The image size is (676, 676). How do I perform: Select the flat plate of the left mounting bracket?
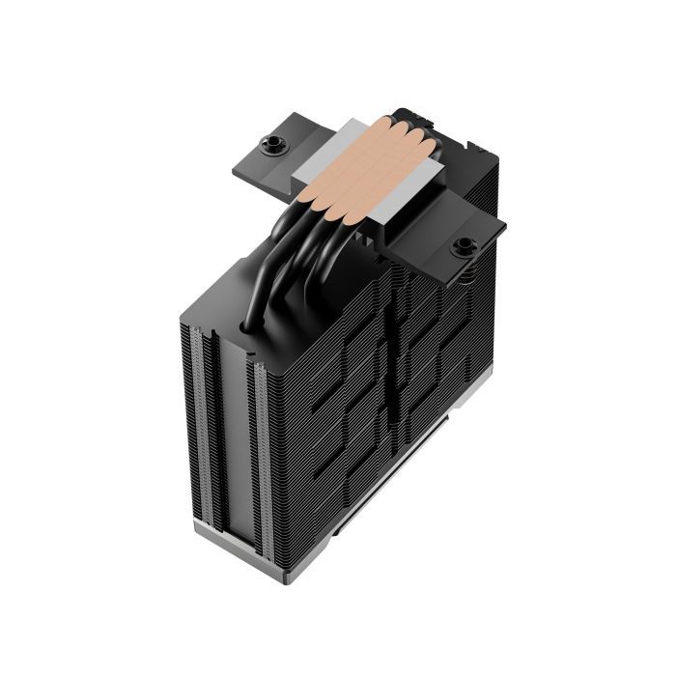pyautogui.click(x=253, y=164)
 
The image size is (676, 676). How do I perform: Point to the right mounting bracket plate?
pyautogui.click(x=454, y=253)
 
